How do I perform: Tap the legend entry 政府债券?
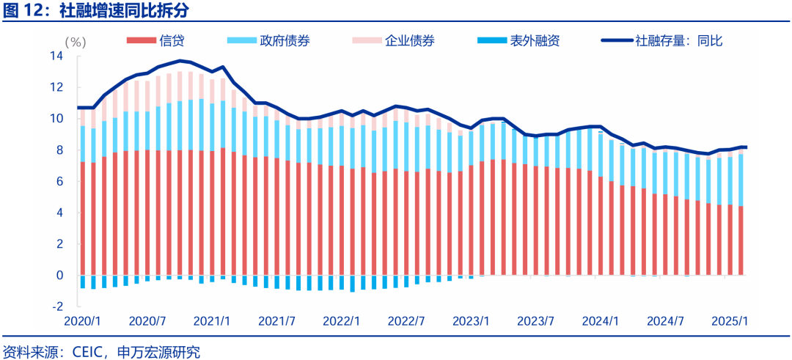point(283,41)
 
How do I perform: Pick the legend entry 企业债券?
point(409,41)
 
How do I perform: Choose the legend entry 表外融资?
point(535,41)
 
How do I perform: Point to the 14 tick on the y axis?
point(56,56)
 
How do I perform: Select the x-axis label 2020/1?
point(82,321)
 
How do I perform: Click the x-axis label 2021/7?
point(277,321)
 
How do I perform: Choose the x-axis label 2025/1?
point(730,321)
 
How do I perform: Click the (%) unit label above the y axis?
point(75,42)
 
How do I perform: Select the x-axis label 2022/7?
point(406,321)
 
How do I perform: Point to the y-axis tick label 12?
point(56,87)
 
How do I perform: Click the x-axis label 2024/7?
point(666,321)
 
